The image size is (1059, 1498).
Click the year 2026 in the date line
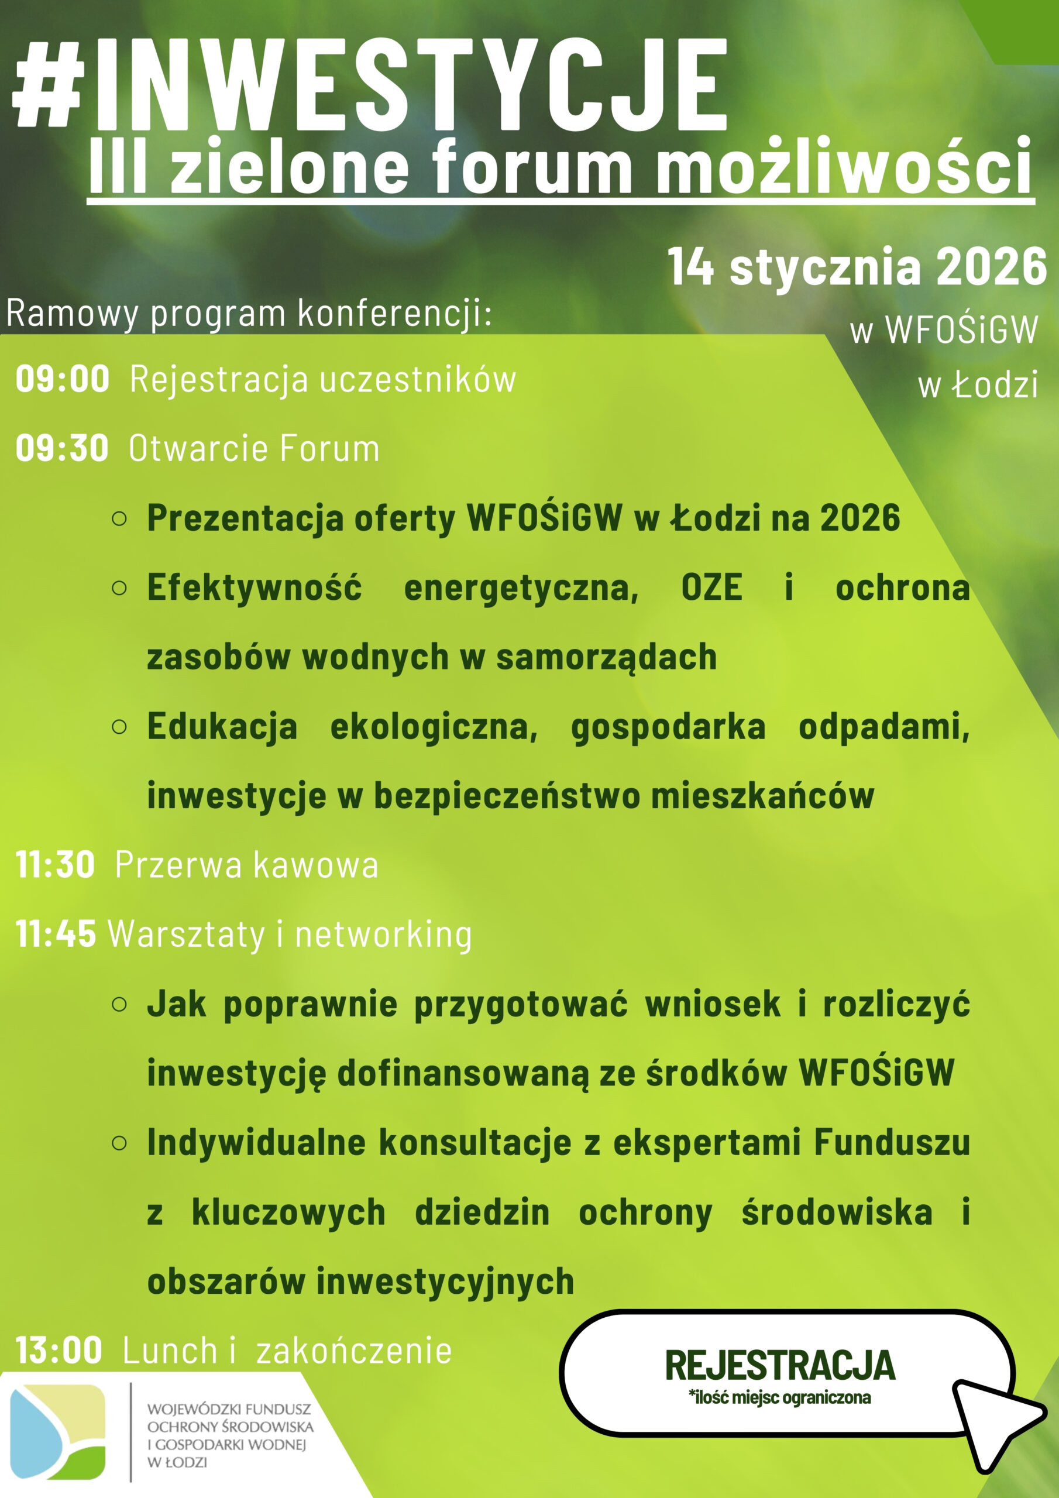[991, 266]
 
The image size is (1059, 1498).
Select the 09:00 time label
[63, 379]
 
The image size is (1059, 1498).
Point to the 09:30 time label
[62, 448]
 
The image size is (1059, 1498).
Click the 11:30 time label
[56, 864]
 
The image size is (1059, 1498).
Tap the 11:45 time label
[56, 934]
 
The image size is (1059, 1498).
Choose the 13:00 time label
[59, 1350]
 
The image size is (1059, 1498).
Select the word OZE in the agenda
[711, 586]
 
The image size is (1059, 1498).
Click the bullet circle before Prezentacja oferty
[119, 518]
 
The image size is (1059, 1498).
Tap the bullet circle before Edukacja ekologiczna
[119, 727]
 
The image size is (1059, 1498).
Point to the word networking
[384, 935]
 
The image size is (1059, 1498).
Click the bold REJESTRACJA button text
[780, 1366]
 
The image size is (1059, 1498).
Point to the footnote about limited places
[780, 1397]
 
